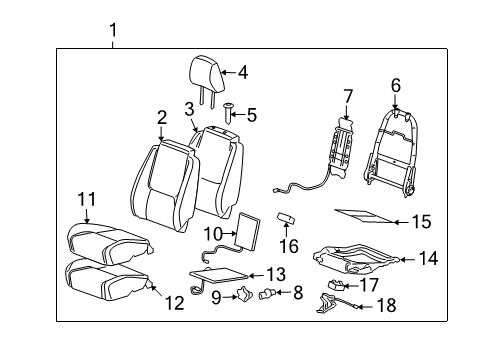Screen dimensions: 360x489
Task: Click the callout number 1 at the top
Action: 112,30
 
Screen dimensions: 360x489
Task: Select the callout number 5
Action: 252,116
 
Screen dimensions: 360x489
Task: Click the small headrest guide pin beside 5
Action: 229,110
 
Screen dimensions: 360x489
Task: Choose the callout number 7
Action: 347,97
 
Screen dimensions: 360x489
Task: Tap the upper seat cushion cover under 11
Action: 103,240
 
